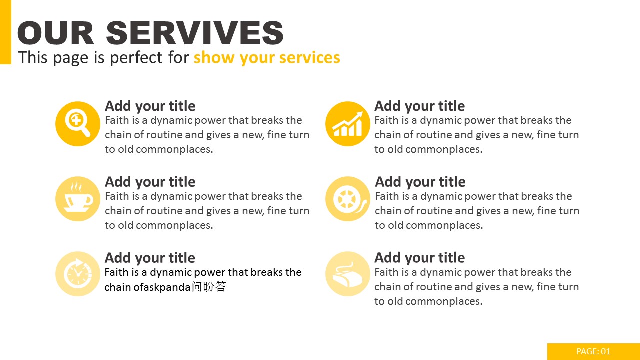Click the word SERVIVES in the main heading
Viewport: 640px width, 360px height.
[195, 33]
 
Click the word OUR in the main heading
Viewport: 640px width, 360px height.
[55, 33]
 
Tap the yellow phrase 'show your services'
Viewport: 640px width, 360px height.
[267, 58]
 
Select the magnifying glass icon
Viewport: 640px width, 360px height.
[77, 124]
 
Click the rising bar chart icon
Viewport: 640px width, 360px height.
[347, 124]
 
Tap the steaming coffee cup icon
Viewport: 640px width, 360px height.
[78, 197]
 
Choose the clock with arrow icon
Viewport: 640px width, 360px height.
[78, 273]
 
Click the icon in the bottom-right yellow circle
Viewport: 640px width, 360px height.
[347, 275]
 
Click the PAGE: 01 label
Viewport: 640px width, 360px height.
[593, 351]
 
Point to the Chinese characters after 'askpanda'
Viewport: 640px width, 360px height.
[209, 286]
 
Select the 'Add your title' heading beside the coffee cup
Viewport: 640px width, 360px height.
[150, 182]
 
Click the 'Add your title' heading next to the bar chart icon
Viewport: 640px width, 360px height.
[419, 106]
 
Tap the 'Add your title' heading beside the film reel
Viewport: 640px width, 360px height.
[420, 182]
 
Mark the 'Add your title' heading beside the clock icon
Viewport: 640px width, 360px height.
[150, 258]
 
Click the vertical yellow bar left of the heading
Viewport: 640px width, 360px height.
[5, 32]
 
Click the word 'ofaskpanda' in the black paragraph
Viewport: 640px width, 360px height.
[162, 287]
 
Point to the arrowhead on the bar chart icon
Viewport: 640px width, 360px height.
[358, 115]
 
